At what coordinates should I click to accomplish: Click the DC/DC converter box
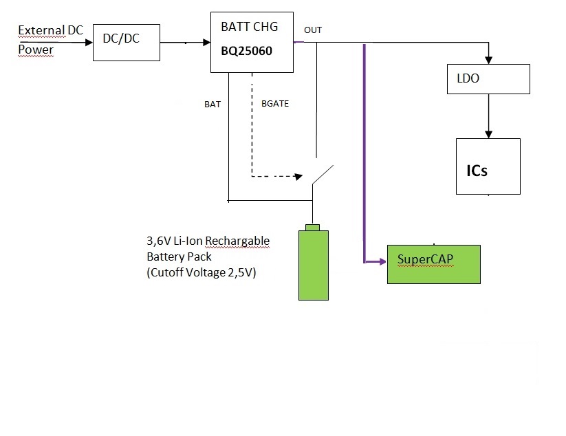126,42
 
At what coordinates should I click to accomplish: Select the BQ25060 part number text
247,50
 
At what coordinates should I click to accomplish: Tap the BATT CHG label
250,28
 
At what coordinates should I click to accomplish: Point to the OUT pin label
313,30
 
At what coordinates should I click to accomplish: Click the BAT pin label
213,105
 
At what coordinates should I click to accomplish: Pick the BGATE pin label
275,105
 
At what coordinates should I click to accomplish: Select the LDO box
488,79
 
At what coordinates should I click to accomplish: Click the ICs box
488,166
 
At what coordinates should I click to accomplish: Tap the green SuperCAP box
433,264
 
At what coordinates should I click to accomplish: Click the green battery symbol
314,265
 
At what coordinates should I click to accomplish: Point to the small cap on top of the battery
314,228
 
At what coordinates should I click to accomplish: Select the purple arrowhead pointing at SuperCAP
381,262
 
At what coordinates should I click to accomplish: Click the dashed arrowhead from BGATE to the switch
298,177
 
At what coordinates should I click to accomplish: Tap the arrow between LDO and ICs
488,116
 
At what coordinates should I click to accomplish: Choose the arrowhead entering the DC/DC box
88,42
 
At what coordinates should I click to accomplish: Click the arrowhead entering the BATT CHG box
206,42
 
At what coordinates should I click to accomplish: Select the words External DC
50,30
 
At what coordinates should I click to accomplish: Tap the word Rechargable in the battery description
237,241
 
